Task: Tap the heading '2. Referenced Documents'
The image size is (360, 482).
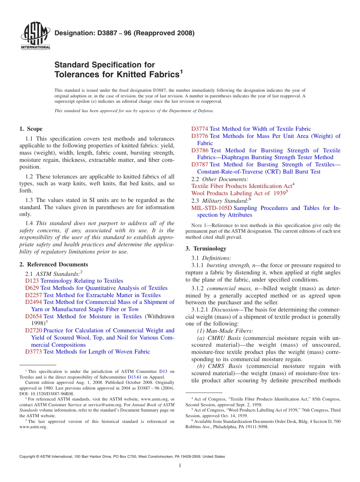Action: coord(54,264)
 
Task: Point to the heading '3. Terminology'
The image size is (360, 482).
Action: coord(206,249)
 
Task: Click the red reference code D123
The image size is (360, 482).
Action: coord(32,281)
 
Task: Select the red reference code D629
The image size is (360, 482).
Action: coord(32,288)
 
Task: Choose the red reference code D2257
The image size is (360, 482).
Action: coord(34,295)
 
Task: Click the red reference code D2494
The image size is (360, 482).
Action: coord(34,302)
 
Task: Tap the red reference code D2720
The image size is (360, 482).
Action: coord(34,330)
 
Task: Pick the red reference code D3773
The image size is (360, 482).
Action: coord(34,352)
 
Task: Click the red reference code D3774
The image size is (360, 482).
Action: coord(200,129)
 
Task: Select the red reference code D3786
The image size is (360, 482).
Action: coord(200,150)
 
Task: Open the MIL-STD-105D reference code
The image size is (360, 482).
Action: coord(211,208)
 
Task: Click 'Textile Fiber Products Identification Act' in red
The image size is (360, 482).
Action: coord(241,186)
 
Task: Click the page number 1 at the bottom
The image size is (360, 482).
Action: coord(180,466)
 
